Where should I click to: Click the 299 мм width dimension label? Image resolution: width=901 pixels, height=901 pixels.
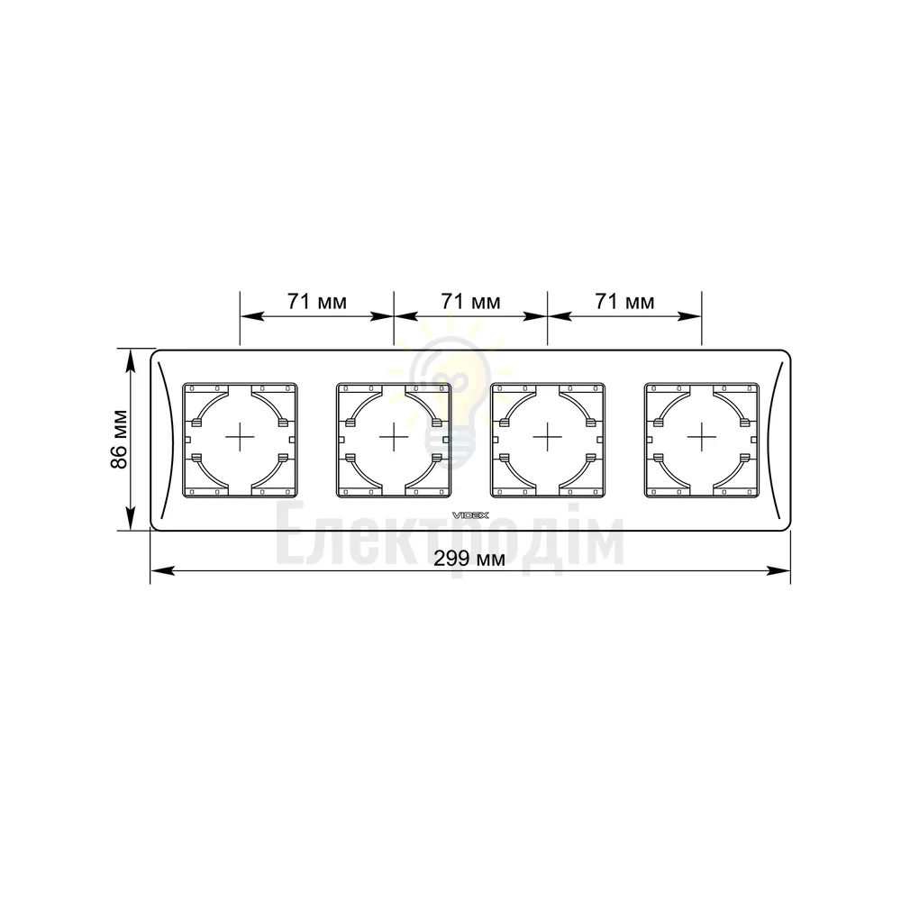coord(469,558)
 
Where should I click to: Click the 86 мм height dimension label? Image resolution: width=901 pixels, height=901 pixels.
coord(119,439)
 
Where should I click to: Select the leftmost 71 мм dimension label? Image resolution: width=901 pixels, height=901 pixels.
coord(317,301)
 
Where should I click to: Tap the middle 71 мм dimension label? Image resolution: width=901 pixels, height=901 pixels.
coord(470,301)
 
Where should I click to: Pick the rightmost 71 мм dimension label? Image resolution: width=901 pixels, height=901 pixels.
coord(624,301)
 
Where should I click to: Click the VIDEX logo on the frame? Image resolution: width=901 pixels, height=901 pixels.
coord(470,515)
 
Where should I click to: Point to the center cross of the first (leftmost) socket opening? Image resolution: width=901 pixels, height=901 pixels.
coord(240,439)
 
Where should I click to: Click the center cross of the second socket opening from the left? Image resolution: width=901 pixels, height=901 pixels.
coord(394,439)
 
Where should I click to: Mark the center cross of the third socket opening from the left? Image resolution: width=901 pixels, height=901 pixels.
coord(548,439)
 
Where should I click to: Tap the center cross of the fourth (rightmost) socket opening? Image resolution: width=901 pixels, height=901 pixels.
coord(702,439)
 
